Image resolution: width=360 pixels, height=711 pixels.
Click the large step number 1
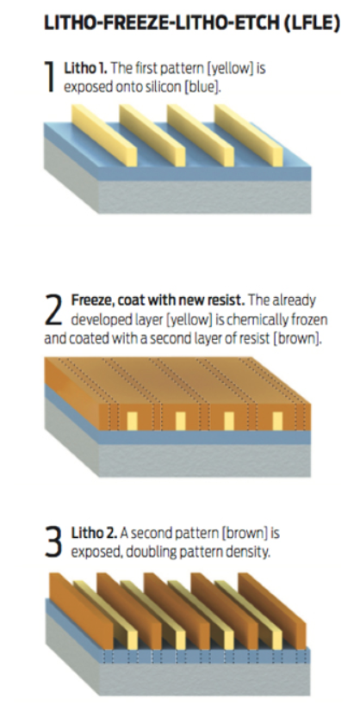click(x=51, y=77)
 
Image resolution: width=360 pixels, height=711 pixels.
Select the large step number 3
click(x=54, y=542)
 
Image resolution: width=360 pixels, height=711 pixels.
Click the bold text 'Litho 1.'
click(x=86, y=69)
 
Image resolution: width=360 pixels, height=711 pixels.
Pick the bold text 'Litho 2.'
click(x=95, y=534)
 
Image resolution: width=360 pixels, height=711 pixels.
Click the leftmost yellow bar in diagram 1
click(x=105, y=134)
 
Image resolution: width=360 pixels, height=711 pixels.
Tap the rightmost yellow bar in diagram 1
click(x=249, y=134)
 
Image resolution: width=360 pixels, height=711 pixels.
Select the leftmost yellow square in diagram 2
click(x=132, y=421)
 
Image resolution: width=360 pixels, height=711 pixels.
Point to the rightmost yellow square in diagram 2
click(x=277, y=421)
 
